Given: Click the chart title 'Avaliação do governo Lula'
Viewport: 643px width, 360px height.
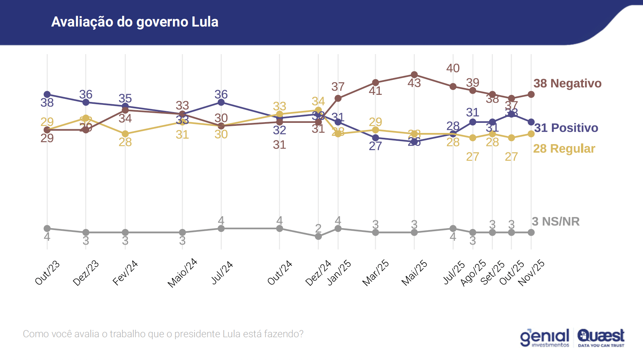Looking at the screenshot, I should (x=135, y=22).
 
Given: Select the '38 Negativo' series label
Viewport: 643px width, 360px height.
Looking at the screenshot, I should (x=567, y=83).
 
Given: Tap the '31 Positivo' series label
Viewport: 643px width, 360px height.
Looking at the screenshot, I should (x=566, y=128).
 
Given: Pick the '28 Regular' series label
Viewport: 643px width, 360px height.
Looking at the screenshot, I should (x=564, y=149).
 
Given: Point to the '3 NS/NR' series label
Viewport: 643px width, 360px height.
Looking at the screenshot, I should (x=556, y=221).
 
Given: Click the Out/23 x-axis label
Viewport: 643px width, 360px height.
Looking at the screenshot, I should (x=47, y=273).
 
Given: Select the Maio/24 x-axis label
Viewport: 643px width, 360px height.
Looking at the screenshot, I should (x=182, y=273).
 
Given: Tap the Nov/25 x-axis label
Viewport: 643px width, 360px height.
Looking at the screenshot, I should (x=531, y=273).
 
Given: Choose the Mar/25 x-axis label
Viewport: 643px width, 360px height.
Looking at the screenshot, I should (x=376, y=273).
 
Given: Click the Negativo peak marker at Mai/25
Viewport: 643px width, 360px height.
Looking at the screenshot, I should (x=414, y=75).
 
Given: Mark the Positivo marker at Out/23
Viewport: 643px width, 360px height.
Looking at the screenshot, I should (x=47, y=94).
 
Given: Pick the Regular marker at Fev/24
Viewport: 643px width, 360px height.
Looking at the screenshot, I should (x=125, y=134).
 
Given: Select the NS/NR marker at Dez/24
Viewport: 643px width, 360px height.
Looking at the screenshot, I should (x=318, y=236).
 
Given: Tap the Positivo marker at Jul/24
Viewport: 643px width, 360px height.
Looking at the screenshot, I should (x=221, y=102).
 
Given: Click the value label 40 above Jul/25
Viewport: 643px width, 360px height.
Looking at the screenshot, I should (x=453, y=68).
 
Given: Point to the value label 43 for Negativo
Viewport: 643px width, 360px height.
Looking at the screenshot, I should (x=414, y=83).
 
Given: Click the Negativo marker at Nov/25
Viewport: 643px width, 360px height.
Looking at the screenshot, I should (x=531, y=94).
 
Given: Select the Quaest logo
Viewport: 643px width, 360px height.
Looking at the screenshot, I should (x=601, y=338).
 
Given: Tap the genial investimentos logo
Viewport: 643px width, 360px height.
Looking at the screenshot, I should (x=545, y=338).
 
